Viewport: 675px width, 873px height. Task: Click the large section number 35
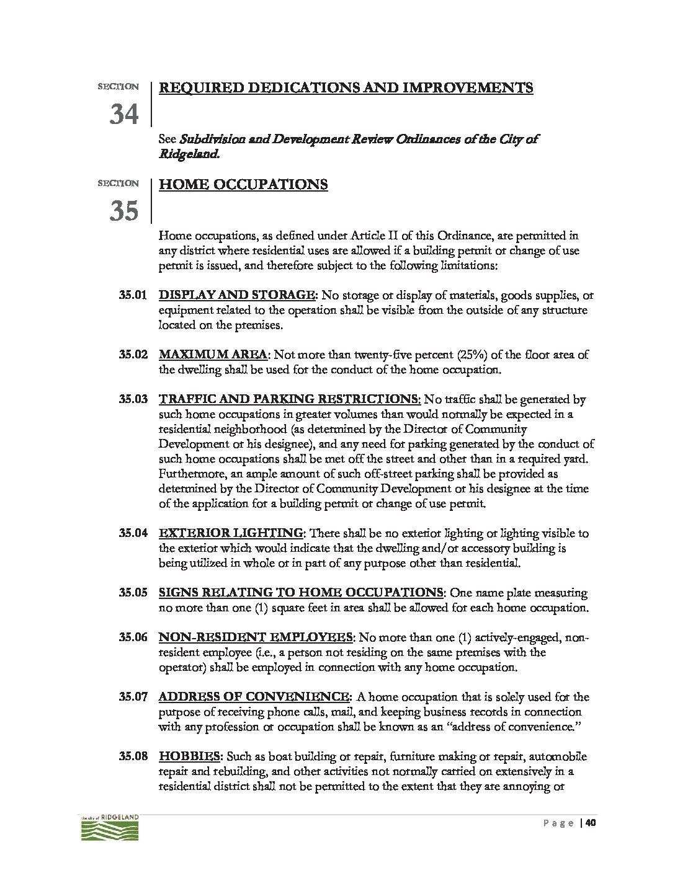click(x=124, y=211)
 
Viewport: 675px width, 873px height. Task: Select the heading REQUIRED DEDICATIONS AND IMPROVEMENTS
click(x=346, y=87)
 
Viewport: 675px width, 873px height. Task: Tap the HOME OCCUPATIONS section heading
click(x=243, y=185)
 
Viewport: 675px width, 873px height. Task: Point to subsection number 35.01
click(x=133, y=295)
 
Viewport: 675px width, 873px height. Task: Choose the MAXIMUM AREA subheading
click(x=213, y=355)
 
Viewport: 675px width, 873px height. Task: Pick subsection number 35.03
click(x=133, y=400)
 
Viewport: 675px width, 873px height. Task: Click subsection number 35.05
click(x=133, y=593)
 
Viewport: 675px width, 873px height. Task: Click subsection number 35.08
click(x=133, y=757)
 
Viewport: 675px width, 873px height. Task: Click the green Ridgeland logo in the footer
click(x=110, y=829)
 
